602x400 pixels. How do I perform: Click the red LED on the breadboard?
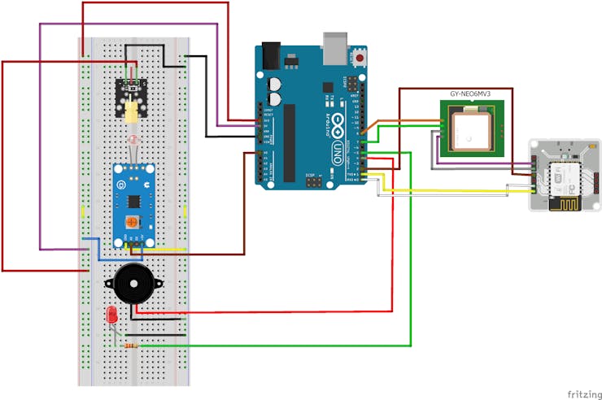111,315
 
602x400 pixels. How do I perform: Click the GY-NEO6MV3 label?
476,93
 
